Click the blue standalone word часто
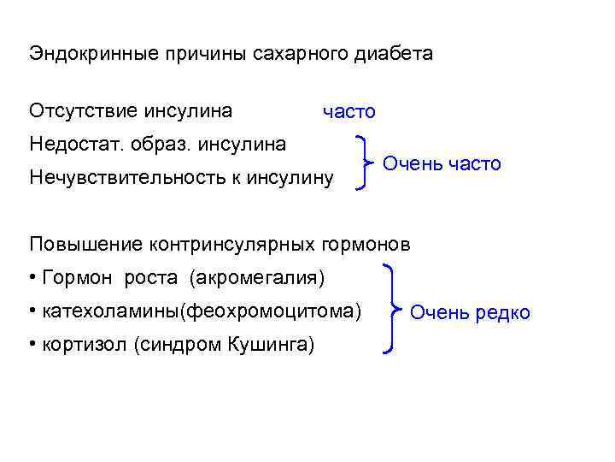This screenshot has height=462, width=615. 348,112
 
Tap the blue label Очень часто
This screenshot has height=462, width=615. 442,163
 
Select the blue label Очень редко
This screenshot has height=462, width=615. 470,313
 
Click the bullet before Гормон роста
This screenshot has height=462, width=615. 32,278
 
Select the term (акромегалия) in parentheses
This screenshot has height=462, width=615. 257,278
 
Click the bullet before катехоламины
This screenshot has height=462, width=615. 32,307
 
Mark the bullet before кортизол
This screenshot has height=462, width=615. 32,345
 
